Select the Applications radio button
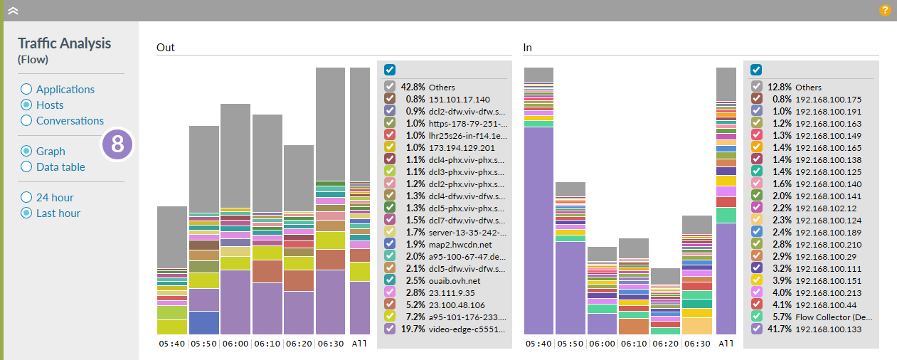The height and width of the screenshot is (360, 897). [26, 90]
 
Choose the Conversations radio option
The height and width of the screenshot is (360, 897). [26, 121]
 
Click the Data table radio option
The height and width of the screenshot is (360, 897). [26, 167]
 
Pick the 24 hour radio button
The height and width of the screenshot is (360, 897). [26, 198]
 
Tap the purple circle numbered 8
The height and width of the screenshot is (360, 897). [118, 144]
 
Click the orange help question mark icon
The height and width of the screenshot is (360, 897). [885, 10]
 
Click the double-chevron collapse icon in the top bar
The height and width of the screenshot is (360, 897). [12, 11]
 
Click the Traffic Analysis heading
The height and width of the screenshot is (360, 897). [64, 43]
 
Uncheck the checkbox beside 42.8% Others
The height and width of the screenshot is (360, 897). [390, 87]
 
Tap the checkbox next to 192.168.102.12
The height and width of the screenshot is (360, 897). [757, 208]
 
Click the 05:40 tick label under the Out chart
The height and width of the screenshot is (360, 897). [171, 344]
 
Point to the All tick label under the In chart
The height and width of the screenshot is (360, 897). [726, 344]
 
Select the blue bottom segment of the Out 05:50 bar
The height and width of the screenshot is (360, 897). [204, 322]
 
